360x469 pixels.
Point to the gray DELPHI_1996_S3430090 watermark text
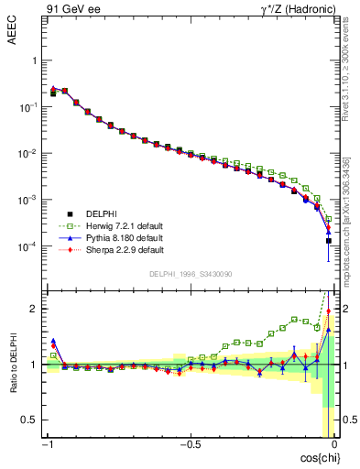pos(191,274)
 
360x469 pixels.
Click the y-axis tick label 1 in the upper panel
pos(35,60)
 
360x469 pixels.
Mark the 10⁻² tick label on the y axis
pos(29,153)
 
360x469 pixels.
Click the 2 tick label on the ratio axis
pos(35,309)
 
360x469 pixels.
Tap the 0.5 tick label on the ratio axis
pos(31,420)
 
